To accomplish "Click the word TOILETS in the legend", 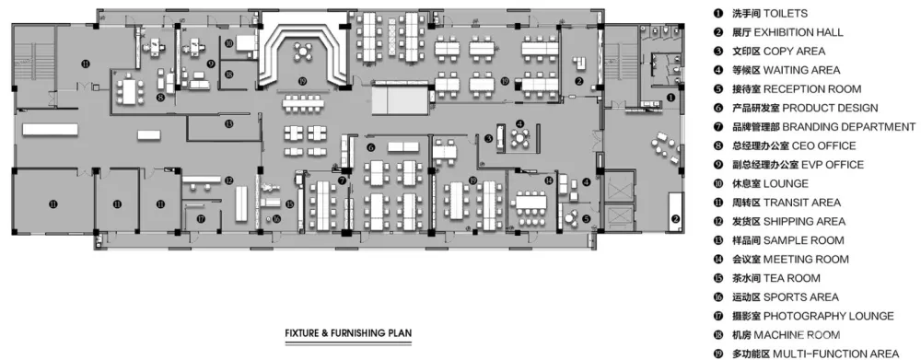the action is coord(785,14).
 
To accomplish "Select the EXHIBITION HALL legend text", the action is coord(799,32).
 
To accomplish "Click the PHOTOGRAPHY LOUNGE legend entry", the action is coord(829,316).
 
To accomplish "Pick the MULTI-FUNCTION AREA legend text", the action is coord(836,354).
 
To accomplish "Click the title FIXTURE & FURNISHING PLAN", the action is coord(348,333).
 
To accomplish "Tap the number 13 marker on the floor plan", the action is coord(229,123).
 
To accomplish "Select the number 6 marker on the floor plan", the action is coord(370,146).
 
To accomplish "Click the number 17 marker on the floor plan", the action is coord(201,218).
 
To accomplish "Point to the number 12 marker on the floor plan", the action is coord(229,180).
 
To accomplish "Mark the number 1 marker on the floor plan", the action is coord(670,98).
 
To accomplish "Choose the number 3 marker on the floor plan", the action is coord(489,139).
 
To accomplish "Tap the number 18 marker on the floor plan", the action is coord(229,74).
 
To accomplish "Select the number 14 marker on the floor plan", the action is coord(549,180).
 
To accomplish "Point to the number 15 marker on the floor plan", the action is coord(289,203).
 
